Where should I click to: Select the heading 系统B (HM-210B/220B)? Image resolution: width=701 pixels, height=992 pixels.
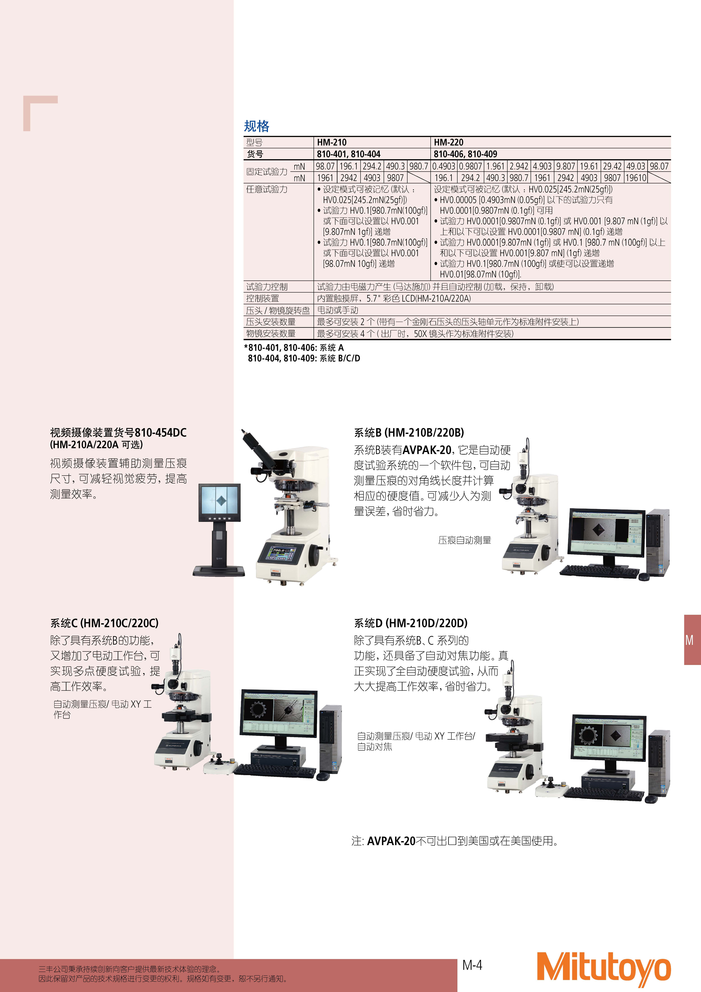tap(409, 433)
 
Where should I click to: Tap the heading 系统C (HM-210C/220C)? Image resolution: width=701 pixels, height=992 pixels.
tap(104, 623)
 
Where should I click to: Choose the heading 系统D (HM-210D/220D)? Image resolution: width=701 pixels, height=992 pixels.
tap(410, 623)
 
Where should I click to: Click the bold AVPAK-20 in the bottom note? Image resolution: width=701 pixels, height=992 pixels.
tap(391, 841)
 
